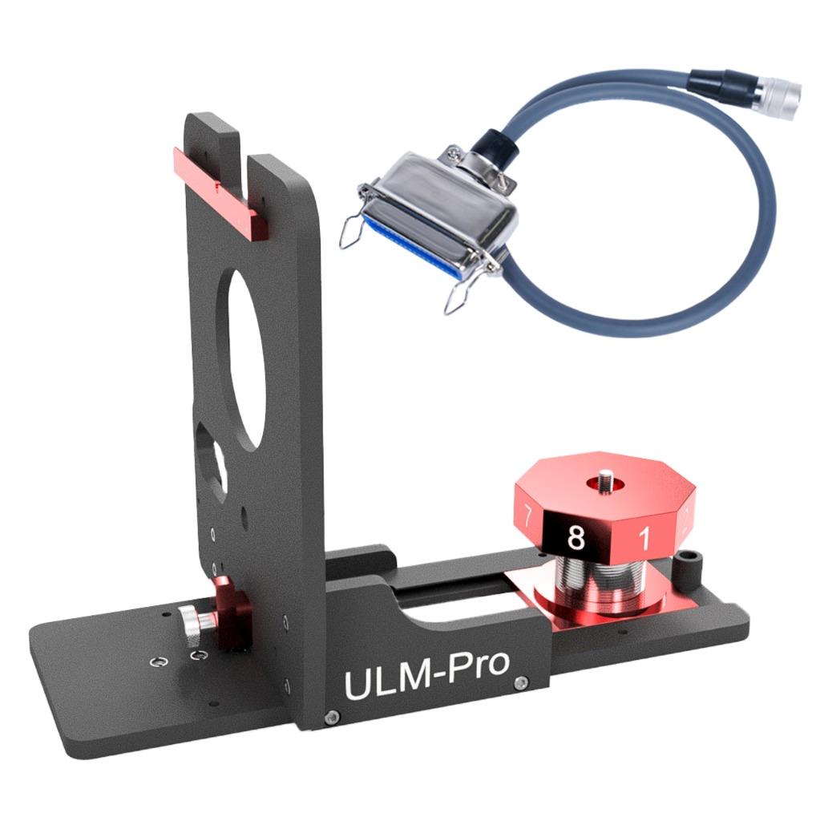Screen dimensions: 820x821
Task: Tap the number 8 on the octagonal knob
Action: pos(576,536)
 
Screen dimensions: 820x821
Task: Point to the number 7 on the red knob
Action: pos(527,517)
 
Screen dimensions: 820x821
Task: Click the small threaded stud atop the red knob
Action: pos(606,478)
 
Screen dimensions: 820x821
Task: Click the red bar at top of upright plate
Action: pos(219,192)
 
